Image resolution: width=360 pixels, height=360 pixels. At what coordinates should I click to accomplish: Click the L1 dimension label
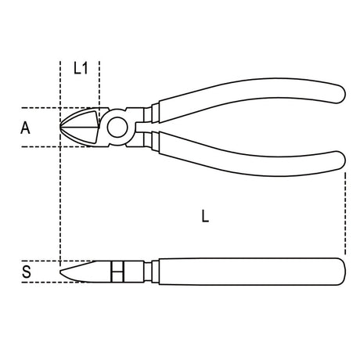pyautogui.click(x=80, y=68)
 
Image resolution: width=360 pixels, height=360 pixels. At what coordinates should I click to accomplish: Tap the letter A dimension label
pyautogui.click(x=25, y=128)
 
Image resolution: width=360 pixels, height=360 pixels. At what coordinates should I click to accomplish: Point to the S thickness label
pyautogui.click(x=25, y=272)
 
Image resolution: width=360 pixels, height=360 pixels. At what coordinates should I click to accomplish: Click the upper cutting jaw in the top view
pyautogui.click(x=82, y=118)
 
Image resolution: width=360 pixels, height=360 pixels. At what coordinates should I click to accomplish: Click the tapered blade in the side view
pyautogui.click(x=86, y=271)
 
